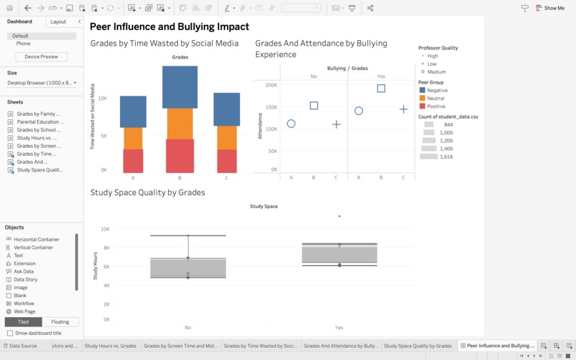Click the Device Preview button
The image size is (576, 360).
point(41,56)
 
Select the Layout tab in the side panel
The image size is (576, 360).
point(58,22)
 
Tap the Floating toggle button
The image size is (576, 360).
point(60,322)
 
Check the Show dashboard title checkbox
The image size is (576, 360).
point(10,333)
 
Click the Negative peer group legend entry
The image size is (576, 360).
point(436,91)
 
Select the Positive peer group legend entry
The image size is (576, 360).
point(435,106)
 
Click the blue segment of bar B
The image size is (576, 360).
point(180,87)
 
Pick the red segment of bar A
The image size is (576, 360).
point(133,161)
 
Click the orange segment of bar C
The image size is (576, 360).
point(227,138)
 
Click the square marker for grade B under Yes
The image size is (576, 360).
point(381,89)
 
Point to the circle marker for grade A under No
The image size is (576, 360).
point(291,124)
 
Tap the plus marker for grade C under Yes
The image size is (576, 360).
point(404,109)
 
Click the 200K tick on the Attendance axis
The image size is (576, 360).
point(271,85)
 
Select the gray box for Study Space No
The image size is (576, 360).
point(188,268)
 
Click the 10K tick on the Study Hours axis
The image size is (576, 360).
point(105,229)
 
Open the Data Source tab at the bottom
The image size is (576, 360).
point(22,346)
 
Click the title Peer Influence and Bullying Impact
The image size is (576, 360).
point(169,26)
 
